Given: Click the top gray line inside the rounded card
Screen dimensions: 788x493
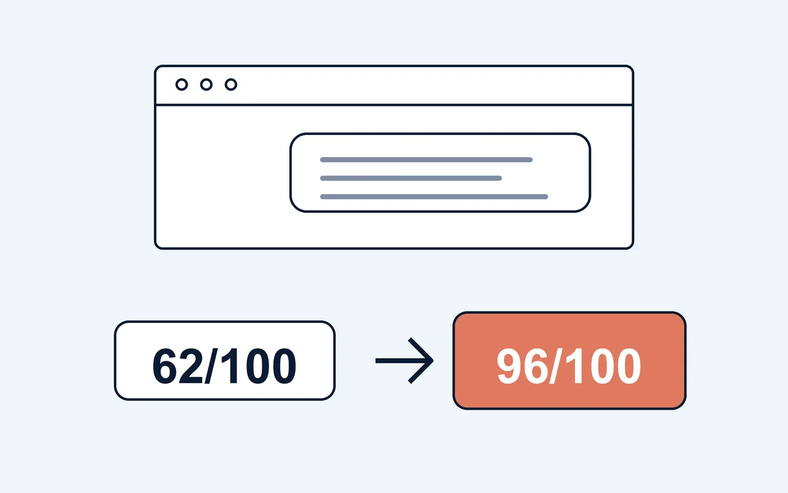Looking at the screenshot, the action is pyautogui.click(x=427, y=160).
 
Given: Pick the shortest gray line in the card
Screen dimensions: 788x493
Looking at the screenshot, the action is pyautogui.click(x=411, y=178).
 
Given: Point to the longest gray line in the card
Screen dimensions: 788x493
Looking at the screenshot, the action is pyautogui.click(x=434, y=197).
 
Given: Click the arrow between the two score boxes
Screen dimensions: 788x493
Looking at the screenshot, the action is pyautogui.click(x=404, y=361).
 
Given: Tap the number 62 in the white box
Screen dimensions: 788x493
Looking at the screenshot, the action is pyautogui.click(x=178, y=366).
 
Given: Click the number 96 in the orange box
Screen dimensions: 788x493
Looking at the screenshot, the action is pyautogui.click(x=523, y=366).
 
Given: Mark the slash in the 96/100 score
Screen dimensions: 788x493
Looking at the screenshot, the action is pyautogui.click(x=553, y=366).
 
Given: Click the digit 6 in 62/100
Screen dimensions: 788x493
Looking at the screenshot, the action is pyautogui.click(x=165, y=366).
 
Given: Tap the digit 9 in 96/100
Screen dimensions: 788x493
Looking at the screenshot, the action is pyautogui.click(x=509, y=366).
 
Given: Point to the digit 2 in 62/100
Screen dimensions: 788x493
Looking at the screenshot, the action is pyautogui.click(x=191, y=366).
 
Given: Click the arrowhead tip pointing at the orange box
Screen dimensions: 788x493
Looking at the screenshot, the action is pyautogui.click(x=433, y=361).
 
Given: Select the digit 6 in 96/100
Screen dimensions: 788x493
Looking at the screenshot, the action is pyautogui.click(x=536, y=366).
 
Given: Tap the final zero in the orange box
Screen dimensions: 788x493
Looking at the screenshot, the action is pyautogui.click(x=629, y=366).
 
